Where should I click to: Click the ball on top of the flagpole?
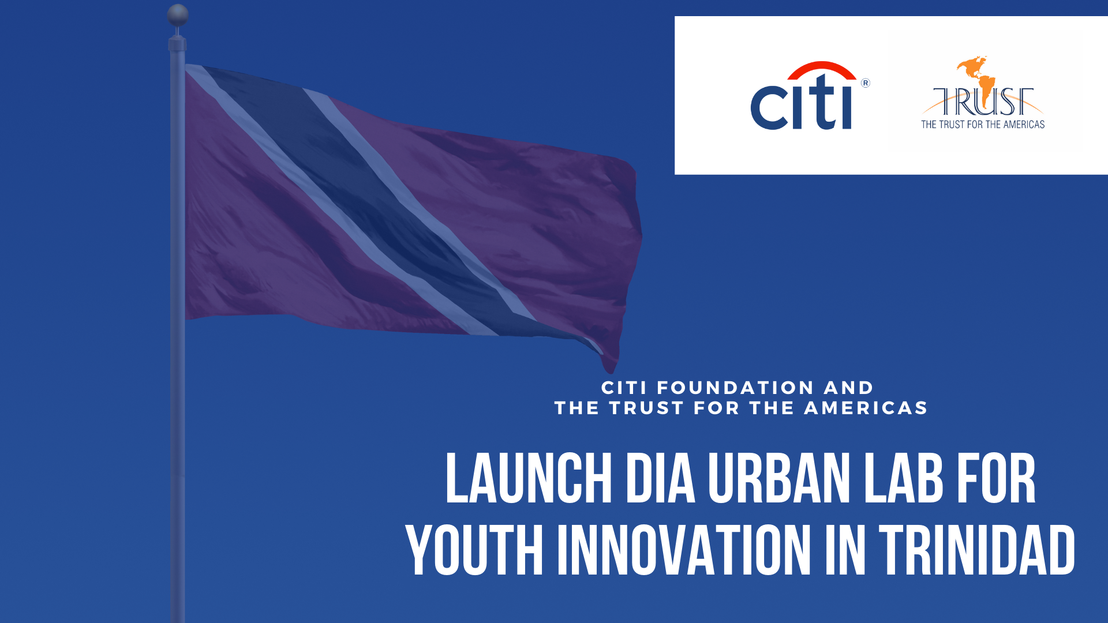coord(178,15)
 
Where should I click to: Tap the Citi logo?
coord(810,95)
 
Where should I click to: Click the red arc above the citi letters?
coord(822,70)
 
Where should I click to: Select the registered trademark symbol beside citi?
coord(865,83)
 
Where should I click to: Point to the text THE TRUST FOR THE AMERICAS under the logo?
coord(983,125)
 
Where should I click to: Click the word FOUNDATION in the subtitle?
coord(735,388)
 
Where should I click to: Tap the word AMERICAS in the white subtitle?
coord(866,408)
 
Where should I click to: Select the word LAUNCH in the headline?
coord(529,478)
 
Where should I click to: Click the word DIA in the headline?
coord(661,478)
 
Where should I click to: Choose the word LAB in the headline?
coord(903,478)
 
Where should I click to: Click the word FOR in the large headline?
coord(996,478)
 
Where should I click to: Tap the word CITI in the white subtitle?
coord(624,388)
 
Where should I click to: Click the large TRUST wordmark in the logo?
coord(983,102)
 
